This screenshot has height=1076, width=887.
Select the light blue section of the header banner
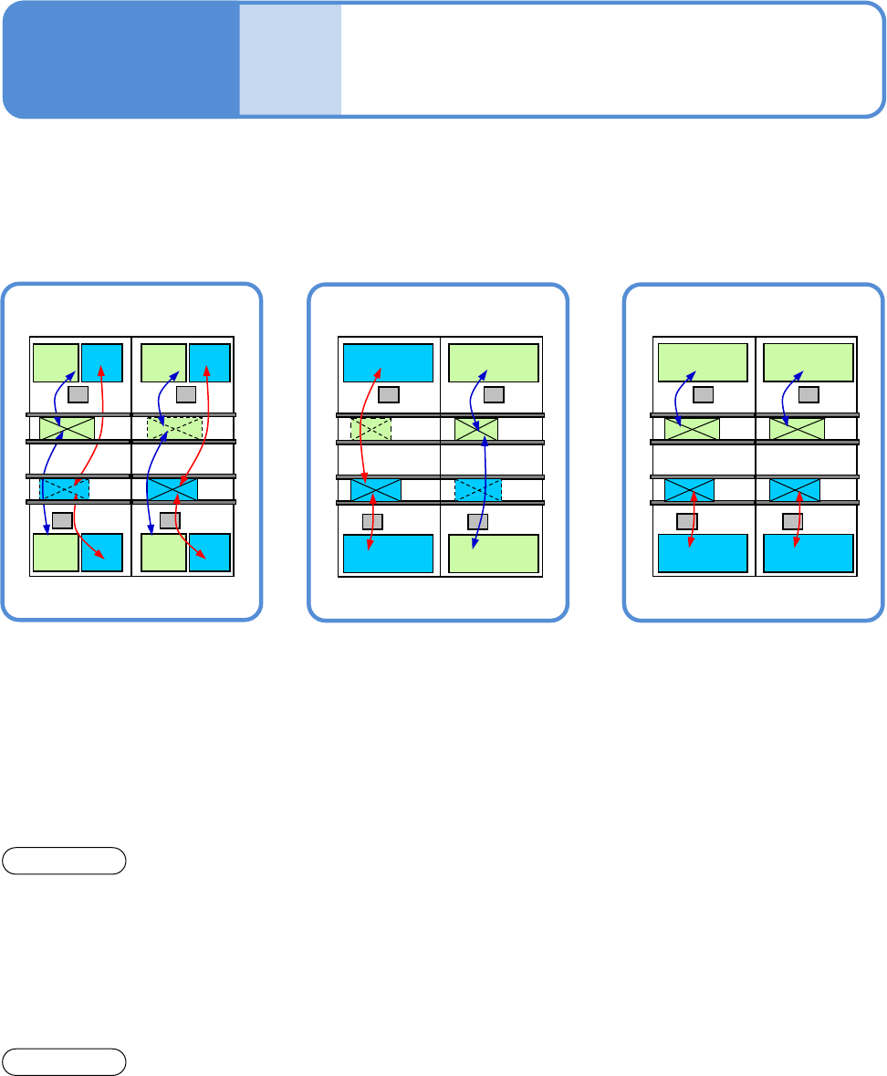[x=290, y=60]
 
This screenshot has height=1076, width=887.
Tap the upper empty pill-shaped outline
[x=64, y=861]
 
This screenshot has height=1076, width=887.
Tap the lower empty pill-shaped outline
[x=64, y=1061]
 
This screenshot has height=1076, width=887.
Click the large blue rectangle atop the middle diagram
[x=388, y=362]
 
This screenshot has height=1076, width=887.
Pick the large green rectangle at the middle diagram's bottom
[x=494, y=553]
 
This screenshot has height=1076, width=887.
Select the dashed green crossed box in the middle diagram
[x=370, y=429]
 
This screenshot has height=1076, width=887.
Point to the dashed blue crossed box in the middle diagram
[x=478, y=490]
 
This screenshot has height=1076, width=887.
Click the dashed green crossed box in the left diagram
[x=174, y=427]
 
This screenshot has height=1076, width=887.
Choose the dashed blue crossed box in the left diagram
[x=65, y=489]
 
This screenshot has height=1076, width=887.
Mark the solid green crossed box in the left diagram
[x=67, y=427]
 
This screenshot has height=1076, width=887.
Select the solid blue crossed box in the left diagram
[x=172, y=489]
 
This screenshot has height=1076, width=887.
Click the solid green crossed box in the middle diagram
[x=476, y=429]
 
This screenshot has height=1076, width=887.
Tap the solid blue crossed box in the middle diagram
[x=376, y=490]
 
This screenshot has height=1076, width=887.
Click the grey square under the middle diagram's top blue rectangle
[x=389, y=394]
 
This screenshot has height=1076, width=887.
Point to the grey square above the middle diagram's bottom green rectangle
[x=478, y=522]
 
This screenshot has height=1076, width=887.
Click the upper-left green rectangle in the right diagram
[x=703, y=362]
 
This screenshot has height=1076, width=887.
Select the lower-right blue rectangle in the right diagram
[x=808, y=553]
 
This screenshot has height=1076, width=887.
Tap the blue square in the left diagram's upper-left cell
[x=101, y=362]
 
